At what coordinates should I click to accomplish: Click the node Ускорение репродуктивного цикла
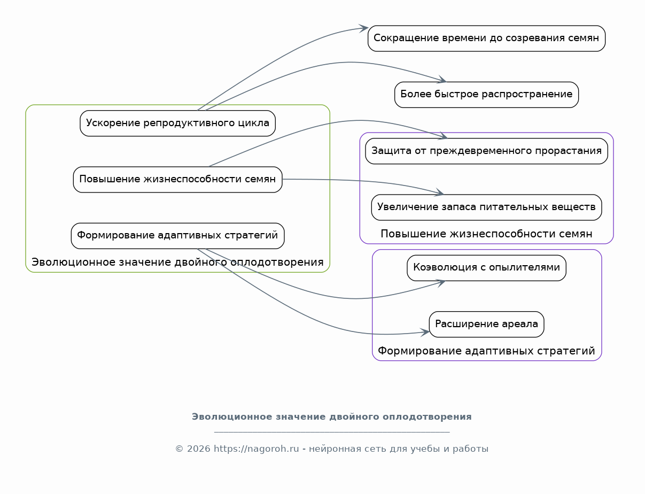pyautogui.click(x=177, y=123)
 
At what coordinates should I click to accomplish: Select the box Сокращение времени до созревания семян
pyautogui.click(x=486, y=38)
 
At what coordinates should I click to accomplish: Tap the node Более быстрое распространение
pyautogui.click(x=486, y=95)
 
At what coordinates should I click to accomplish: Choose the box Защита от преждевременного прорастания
pyautogui.click(x=486, y=151)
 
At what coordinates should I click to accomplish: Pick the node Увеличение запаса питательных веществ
pyautogui.click(x=486, y=207)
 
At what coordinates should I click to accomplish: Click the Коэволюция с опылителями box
pyautogui.click(x=486, y=268)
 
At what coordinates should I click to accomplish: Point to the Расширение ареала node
pyautogui.click(x=486, y=324)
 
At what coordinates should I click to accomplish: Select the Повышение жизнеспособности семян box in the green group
pyautogui.click(x=177, y=179)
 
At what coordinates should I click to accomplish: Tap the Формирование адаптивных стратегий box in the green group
pyautogui.click(x=177, y=236)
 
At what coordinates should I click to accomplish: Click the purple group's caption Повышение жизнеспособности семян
pyautogui.click(x=486, y=234)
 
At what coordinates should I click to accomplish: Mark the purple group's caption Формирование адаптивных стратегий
pyautogui.click(x=486, y=351)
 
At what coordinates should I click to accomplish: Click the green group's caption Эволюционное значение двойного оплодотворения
pyautogui.click(x=177, y=262)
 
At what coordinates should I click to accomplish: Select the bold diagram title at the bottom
pyautogui.click(x=331, y=416)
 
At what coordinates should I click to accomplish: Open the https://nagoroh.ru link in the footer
pyautogui.click(x=256, y=449)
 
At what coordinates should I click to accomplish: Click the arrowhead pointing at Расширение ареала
pyautogui.click(x=425, y=332)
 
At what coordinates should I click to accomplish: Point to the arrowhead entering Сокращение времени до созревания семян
pyautogui.click(x=363, y=28)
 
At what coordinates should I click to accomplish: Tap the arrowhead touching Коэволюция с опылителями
pyautogui.click(x=440, y=283)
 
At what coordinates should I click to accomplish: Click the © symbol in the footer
pyautogui.click(x=179, y=449)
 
